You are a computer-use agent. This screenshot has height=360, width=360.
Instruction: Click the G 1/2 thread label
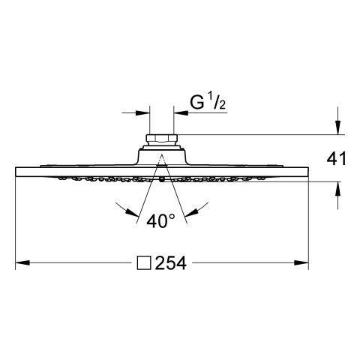point(208,102)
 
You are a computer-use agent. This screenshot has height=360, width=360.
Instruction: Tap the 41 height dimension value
point(337,158)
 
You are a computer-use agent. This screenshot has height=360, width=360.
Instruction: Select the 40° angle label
point(160,220)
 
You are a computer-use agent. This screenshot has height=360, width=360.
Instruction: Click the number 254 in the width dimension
point(171,263)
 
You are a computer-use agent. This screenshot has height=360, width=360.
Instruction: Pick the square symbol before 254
point(144,263)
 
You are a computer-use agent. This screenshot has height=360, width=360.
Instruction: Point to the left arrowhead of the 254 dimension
point(22,262)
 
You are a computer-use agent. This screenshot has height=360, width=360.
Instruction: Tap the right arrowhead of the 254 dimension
point(301,262)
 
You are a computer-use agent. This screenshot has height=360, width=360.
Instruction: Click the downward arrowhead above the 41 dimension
point(337,127)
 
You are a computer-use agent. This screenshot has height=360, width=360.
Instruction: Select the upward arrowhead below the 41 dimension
point(337,188)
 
